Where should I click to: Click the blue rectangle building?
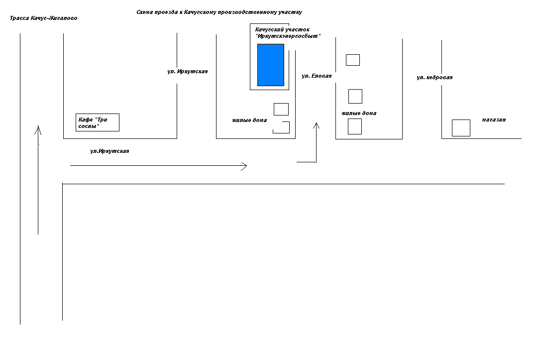pyautogui.click(x=271, y=65)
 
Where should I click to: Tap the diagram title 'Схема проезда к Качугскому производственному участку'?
pyautogui.click(x=219, y=12)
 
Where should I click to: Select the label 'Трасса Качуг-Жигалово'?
pyautogui.click(x=43, y=18)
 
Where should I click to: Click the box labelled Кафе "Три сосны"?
pyautogui.click(x=98, y=122)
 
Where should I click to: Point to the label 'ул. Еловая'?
pyautogui.click(x=317, y=76)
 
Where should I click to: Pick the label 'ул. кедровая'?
pyautogui.click(x=434, y=78)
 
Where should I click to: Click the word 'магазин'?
pyautogui.click(x=494, y=120)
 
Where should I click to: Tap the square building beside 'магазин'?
pyautogui.click(x=461, y=128)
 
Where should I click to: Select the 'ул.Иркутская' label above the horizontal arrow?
pyautogui.click(x=109, y=151)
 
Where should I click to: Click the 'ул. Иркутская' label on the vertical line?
pyautogui.click(x=187, y=72)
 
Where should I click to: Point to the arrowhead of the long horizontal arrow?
pyautogui.click(x=247, y=166)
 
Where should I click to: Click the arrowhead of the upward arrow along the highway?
pyautogui.click(x=38, y=126)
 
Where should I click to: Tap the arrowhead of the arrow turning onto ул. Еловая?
pyautogui.click(x=316, y=123)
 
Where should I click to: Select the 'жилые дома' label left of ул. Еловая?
pyautogui.click(x=249, y=120)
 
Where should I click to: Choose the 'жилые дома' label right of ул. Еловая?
pyautogui.click(x=359, y=113)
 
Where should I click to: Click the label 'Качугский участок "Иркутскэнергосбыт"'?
pyautogui.click(x=288, y=33)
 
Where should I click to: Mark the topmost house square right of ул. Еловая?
pyautogui.click(x=353, y=60)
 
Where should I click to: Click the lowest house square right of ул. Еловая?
pyautogui.click(x=355, y=126)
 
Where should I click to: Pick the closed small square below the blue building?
pyautogui.click(x=281, y=110)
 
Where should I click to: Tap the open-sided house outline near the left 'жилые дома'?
pyautogui.click(x=289, y=127)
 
